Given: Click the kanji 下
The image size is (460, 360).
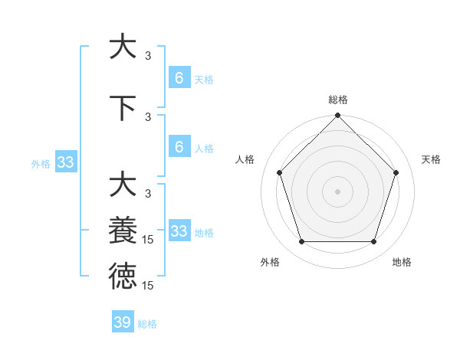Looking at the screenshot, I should click(123, 107).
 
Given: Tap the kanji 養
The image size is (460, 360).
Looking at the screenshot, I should click(123, 231).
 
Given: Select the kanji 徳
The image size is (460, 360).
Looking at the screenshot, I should click(123, 276).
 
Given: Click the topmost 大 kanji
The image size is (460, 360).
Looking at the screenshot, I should click(123, 46).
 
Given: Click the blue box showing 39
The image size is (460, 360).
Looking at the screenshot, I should click(123, 322).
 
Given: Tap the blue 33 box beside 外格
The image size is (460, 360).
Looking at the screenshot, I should click(66, 162).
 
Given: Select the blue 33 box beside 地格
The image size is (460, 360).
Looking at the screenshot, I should click(179, 231).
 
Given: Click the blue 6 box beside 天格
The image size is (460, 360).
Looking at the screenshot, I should click(179, 77).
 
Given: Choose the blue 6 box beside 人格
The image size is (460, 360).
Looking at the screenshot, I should click(179, 147).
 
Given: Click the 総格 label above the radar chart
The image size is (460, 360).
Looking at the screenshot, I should click(337, 100).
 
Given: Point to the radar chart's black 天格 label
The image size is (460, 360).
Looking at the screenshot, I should click(431, 159).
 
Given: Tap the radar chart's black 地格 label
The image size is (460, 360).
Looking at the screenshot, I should click(402, 262).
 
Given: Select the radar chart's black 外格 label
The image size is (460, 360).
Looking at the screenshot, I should click(270, 262).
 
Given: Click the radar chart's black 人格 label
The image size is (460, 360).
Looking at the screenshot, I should click(245, 159).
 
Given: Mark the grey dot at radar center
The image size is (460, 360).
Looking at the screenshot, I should click(337, 191).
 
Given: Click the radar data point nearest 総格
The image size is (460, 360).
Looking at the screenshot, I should click(337, 116).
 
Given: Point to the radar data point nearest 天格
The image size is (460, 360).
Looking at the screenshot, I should click(396, 172).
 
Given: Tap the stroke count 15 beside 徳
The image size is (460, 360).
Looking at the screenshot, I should click(148, 286).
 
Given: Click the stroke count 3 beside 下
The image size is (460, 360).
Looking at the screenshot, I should click(148, 116).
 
